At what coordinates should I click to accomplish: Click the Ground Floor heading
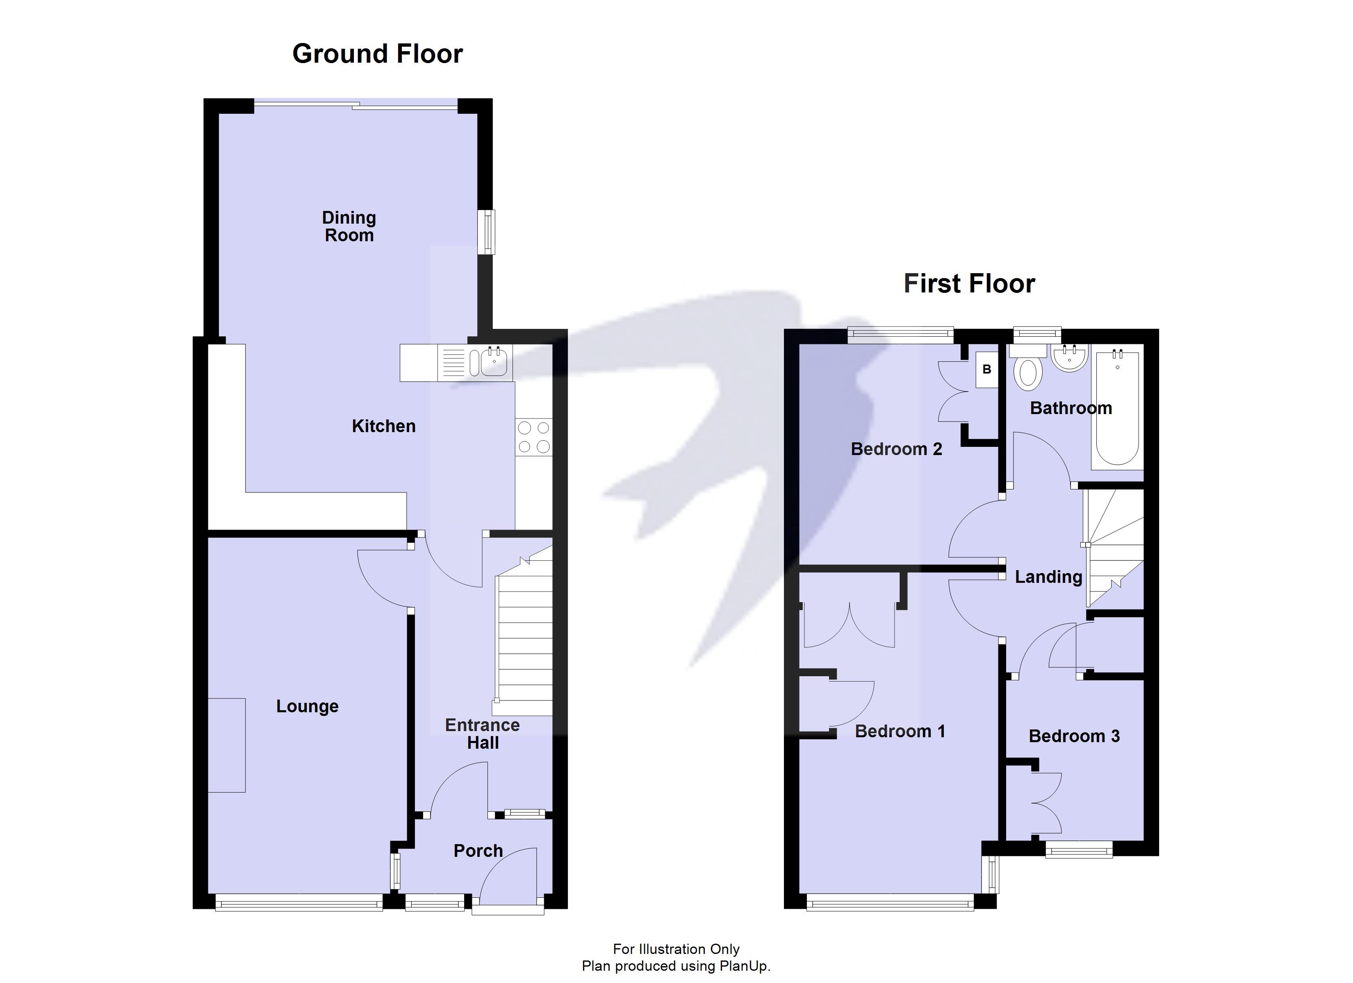click(377, 54)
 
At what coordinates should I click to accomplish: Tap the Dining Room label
click(349, 226)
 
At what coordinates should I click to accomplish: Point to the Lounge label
click(307, 707)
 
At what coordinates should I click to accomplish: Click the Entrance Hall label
click(482, 734)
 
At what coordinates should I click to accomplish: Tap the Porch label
click(478, 851)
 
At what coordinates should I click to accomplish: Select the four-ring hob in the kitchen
click(534, 437)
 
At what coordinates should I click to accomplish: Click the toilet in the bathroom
click(1028, 369)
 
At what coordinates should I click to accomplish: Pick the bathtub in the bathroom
click(1117, 408)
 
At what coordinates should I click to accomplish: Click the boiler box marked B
click(987, 369)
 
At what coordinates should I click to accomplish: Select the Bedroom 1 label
click(900, 732)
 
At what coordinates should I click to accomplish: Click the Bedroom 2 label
click(896, 449)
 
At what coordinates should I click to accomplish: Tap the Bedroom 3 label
click(1074, 736)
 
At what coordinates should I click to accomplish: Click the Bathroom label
click(1071, 408)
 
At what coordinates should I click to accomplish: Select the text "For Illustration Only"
click(676, 949)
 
